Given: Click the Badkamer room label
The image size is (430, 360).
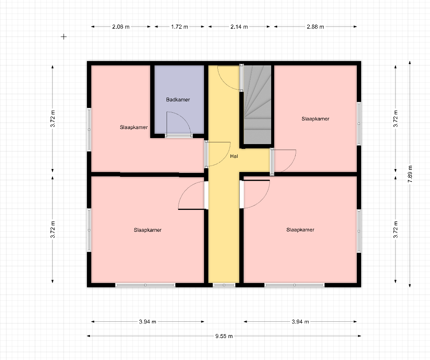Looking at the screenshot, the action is (x=178, y=100).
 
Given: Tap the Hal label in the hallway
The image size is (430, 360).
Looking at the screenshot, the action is (x=234, y=156).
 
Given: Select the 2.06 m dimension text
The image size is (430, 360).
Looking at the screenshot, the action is (x=121, y=27).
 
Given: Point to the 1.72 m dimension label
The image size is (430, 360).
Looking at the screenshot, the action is (x=179, y=27).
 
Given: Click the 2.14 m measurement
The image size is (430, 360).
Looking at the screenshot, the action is (x=239, y=27).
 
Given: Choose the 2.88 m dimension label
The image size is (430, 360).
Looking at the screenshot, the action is (x=316, y=27).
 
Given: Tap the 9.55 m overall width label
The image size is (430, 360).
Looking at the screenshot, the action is (x=224, y=336).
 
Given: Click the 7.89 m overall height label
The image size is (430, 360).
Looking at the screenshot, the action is (x=410, y=174).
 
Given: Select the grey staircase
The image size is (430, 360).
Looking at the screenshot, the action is (x=257, y=105).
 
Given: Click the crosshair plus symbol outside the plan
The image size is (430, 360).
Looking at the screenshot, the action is (x=64, y=37).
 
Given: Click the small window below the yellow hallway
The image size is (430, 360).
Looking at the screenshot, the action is (x=224, y=285).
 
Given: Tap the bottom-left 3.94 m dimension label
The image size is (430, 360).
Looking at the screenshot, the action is (x=148, y=322).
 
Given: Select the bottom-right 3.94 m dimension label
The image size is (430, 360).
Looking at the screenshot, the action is (x=300, y=322).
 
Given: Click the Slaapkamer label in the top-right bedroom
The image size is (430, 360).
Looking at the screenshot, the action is (x=316, y=119).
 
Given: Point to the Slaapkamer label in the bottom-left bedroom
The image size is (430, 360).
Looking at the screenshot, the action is (x=148, y=230).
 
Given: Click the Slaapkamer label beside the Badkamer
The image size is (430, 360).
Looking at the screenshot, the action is (x=133, y=127).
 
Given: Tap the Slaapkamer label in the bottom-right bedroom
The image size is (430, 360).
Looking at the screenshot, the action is (x=300, y=230).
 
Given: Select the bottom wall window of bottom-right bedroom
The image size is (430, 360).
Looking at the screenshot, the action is (x=294, y=285).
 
